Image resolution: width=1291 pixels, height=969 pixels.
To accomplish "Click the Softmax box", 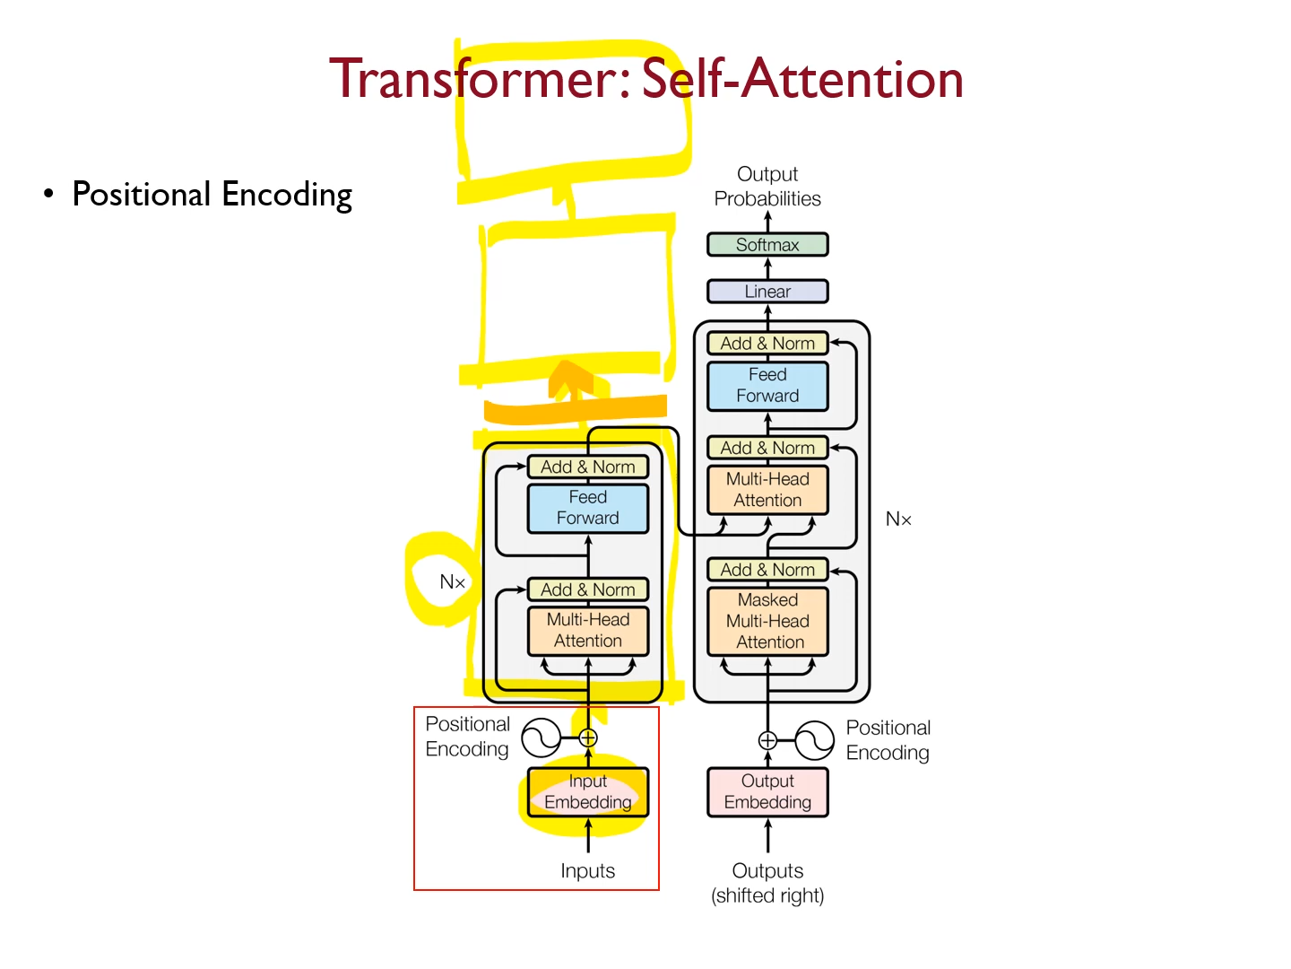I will click(x=767, y=245).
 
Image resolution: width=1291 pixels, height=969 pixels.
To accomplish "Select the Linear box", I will click(x=767, y=292).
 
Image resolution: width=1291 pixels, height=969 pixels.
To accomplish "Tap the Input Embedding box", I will click(x=587, y=792).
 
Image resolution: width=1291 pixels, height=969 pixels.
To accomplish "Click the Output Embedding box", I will click(x=767, y=792).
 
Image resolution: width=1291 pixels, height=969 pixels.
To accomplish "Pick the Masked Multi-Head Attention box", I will click(x=767, y=621).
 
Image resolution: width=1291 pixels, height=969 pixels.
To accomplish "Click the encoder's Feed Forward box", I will click(x=587, y=508).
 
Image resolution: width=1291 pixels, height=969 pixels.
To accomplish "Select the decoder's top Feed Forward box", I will click(x=767, y=386).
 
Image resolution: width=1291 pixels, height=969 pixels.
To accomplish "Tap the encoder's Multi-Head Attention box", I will click(x=587, y=631).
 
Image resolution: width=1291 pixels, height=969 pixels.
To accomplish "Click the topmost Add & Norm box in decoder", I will click(x=767, y=344).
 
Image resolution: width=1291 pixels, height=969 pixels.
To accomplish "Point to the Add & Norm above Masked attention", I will click(x=767, y=570).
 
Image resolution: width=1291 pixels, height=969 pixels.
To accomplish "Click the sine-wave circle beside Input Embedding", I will click(x=542, y=738).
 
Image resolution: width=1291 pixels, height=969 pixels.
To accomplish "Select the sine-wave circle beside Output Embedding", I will click(x=814, y=741).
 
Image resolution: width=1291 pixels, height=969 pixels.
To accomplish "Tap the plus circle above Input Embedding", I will click(x=588, y=738).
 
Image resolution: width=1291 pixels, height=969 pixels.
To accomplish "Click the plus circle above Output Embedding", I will click(x=767, y=740).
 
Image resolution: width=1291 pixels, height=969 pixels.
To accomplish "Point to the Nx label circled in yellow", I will click(x=452, y=582).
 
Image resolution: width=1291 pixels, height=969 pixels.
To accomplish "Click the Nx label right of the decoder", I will click(x=897, y=519).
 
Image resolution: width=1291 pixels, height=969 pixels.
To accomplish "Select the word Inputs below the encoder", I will click(x=587, y=871).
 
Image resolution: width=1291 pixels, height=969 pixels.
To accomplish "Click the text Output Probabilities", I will click(x=767, y=187).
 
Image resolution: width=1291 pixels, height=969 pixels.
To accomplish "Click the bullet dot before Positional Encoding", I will click(x=48, y=193).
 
